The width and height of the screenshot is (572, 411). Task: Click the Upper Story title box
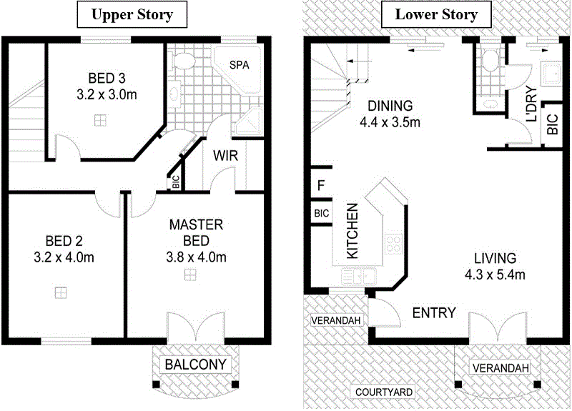click(135, 14)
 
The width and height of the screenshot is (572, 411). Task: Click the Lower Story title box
click(436, 14)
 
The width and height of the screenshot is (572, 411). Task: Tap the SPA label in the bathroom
click(240, 65)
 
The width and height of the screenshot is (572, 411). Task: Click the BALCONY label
click(195, 365)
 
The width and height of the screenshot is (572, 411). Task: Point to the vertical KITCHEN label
click(352, 231)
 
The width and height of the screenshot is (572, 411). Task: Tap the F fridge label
click(321, 187)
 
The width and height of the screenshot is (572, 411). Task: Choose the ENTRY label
click(435, 313)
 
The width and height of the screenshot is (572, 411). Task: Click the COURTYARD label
click(385, 392)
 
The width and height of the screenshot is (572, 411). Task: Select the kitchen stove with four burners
click(393, 244)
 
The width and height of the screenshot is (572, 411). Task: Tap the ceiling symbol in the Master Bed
click(191, 274)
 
